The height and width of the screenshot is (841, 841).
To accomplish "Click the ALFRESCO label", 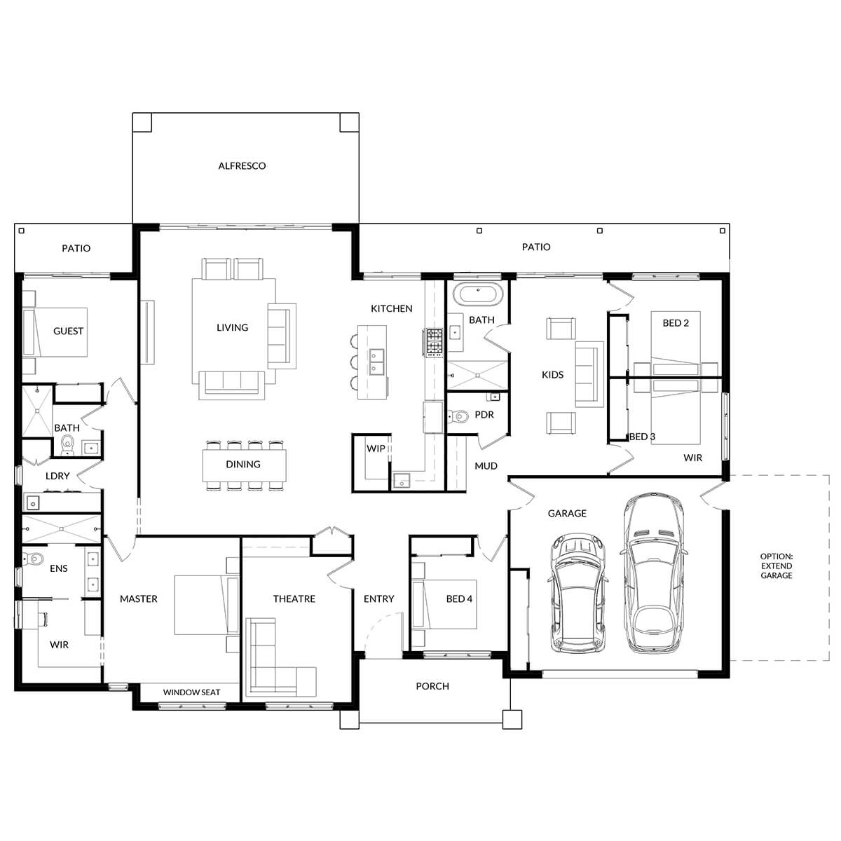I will coord(242,166).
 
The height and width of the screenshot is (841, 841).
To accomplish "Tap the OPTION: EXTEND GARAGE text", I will coord(777,566).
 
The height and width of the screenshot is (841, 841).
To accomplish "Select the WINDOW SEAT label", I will coord(191,692).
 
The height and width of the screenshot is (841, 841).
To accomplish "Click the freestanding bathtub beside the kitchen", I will coord(477,294).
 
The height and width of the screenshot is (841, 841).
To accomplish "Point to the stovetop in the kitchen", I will coord(432,341).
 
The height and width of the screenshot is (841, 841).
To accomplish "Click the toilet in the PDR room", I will coord(459,418).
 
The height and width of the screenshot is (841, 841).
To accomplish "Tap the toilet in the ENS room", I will coord(32,559).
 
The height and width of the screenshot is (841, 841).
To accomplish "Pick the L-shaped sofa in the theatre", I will coord(277,659).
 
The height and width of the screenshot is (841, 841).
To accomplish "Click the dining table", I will coord(243,465).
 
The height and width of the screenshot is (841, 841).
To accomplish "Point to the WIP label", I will coord(376,449).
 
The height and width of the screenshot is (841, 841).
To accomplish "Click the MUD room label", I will coord(486,466).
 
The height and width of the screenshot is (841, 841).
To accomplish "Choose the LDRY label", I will coord(57,476).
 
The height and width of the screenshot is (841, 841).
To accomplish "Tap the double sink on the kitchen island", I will coord(377,361).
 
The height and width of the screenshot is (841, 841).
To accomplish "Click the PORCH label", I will coord(432,686).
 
